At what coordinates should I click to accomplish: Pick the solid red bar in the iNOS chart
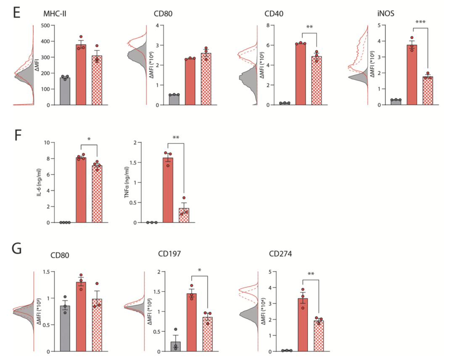pos(411,76)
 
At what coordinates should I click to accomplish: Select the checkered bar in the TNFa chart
pos(184,215)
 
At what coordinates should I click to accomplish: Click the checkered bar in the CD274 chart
pos(320,336)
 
